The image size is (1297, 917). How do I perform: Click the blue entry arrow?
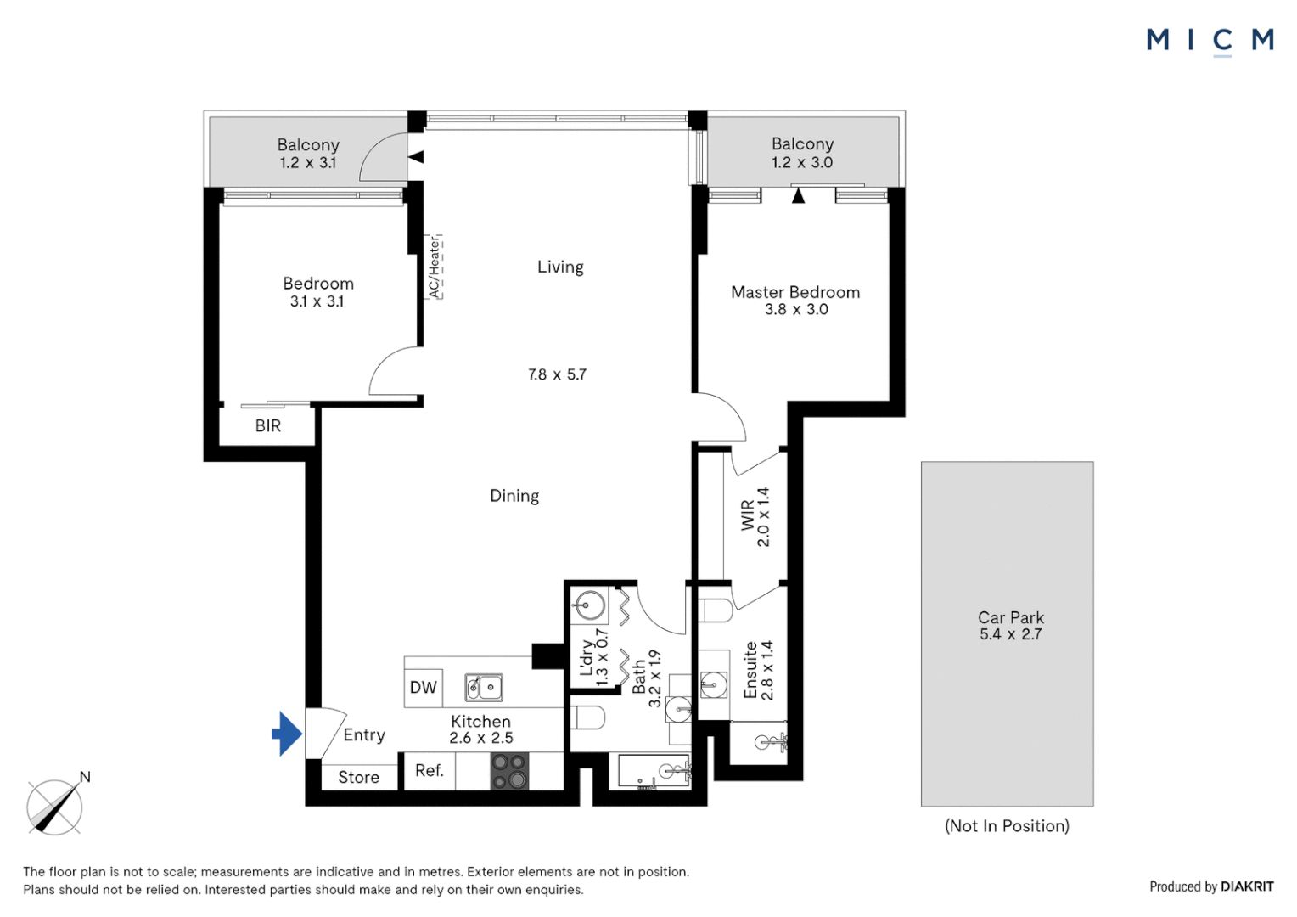[x=287, y=734]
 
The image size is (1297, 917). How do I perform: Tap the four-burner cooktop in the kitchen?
[x=509, y=771]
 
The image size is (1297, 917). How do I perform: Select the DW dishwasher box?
[x=424, y=688]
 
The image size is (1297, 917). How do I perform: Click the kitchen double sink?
[x=484, y=688]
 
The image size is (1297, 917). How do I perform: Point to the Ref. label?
[x=430, y=770]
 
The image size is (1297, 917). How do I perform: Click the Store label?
[x=359, y=777]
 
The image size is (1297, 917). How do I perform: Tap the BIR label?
[x=268, y=425]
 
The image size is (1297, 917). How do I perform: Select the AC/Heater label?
[x=435, y=267]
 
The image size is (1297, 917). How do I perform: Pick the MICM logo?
[x=1210, y=42]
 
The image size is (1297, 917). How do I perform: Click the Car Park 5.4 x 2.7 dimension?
[x=1011, y=634]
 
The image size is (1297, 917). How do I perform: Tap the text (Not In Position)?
[x=1007, y=825]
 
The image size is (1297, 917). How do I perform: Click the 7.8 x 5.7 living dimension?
[x=557, y=374]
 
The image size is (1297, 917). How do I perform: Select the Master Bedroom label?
[x=795, y=292]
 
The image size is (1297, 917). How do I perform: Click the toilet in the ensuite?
[x=716, y=610]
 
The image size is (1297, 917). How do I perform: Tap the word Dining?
[x=514, y=496]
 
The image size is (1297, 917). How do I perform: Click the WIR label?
[x=748, y=515]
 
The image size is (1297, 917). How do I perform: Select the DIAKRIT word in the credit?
[x=1247, y=886]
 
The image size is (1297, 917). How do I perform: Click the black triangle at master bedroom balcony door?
[x=799, y=196]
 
